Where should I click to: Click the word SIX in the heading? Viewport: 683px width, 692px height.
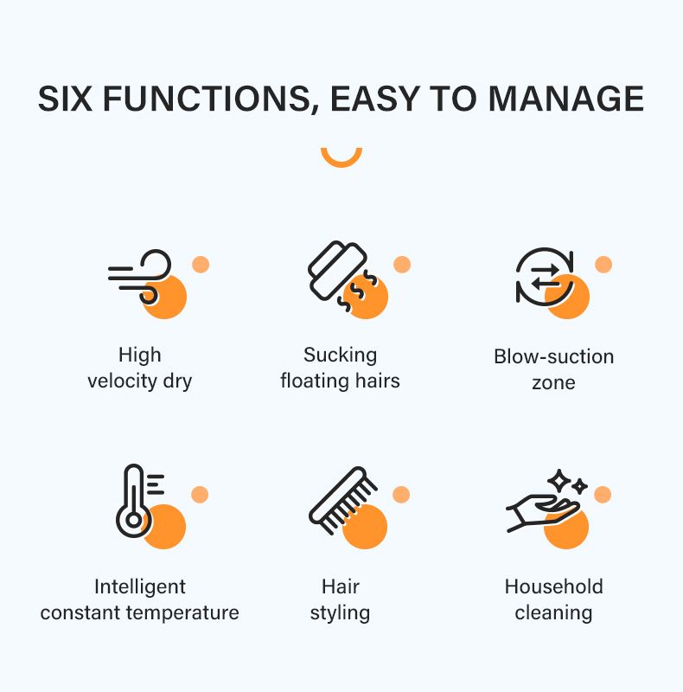pyautogui.click(x=65, y=98)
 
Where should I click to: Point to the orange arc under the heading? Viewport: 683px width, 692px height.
pyautogui.click(x=341, y=160)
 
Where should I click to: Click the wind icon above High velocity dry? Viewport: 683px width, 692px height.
pyautogui.click(x=139, y=277)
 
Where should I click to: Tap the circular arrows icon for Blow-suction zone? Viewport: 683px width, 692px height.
pyautogui.click(x=545, y=277)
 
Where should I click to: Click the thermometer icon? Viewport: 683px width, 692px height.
pyautogui.click(x=139, y=501)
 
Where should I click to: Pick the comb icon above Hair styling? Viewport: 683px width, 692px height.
pyautogui.click(x=343, y=500)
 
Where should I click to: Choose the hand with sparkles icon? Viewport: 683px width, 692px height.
pyautogui.click(x=546, y=501)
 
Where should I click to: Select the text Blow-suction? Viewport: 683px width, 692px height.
pyautogui.click(x=553, y=356)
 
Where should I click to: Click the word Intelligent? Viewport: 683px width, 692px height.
pyautogui.click(x=140, y=587)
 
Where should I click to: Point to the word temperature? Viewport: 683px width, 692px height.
pyautogui.click(x=182, y=612)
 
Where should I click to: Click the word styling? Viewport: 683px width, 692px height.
pyautogui.click(x=340, y=613)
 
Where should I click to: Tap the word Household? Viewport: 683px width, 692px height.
pyautogui.click(x=553, y=586)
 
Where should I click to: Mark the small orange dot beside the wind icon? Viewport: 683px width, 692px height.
pyautogui.click(x=201, y=265)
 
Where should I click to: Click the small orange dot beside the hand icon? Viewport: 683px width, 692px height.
pyautogui.click(x=603, y=494)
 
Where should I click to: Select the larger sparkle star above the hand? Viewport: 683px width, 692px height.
pyautogui.click(x=559, y=481)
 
